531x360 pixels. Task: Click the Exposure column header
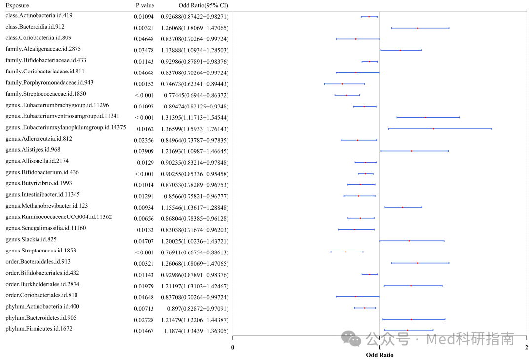(x=17, y=5)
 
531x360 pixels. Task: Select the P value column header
(x=145, y=5)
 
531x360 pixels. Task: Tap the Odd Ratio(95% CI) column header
(x=203, y=5)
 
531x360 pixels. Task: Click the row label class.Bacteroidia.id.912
(x=35, y=27)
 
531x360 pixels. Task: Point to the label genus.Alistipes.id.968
(x=33, y=149)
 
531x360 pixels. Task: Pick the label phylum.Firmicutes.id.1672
(x=39, y=328)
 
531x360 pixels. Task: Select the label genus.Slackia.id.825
(x=31, y=239)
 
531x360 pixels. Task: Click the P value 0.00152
(x=144, y=84)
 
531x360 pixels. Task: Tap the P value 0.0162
(x=145, y=129)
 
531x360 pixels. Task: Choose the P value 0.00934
(x=144, y=208)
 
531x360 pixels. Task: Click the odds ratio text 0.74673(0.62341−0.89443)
(x=195, y=84)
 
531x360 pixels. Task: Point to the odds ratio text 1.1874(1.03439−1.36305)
(x=196, y=331)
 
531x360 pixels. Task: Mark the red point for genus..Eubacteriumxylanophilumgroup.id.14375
(x=433, y=129)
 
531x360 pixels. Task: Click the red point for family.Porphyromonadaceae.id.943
(x=342, y=83)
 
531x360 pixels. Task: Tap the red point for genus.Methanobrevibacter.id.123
(x=403, y=207)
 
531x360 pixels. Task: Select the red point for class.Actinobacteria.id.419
(x=369, y=16)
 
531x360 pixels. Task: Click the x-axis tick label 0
(x=233, y=347)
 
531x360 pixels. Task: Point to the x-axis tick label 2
(x=526, y=347)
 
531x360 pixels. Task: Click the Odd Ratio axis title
(x=379, y=355)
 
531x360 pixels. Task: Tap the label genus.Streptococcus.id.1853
(x=40, y=251)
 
